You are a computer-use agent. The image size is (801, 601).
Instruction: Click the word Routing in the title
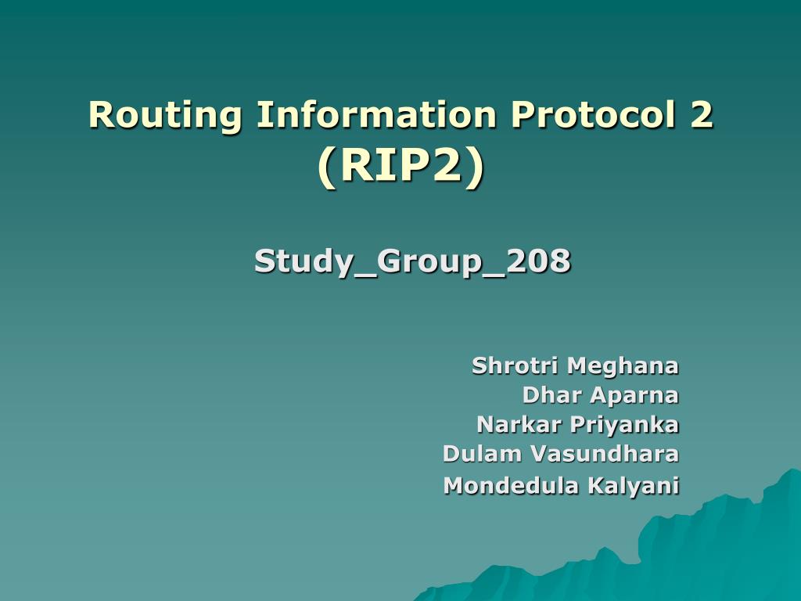point(165,116)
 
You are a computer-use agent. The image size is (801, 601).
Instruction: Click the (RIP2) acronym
point(400,166)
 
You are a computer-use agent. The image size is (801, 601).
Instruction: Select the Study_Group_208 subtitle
point(412,261)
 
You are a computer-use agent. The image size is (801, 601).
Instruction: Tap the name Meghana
point(622,366)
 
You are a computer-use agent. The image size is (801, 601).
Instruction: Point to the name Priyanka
point(624,425)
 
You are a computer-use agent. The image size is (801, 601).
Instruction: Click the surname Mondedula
point(512,485)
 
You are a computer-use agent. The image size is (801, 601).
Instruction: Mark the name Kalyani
point(634,486)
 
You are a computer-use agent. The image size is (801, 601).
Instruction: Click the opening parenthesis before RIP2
point(326,167)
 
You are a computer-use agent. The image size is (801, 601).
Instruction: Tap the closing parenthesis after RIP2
point(475,167)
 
